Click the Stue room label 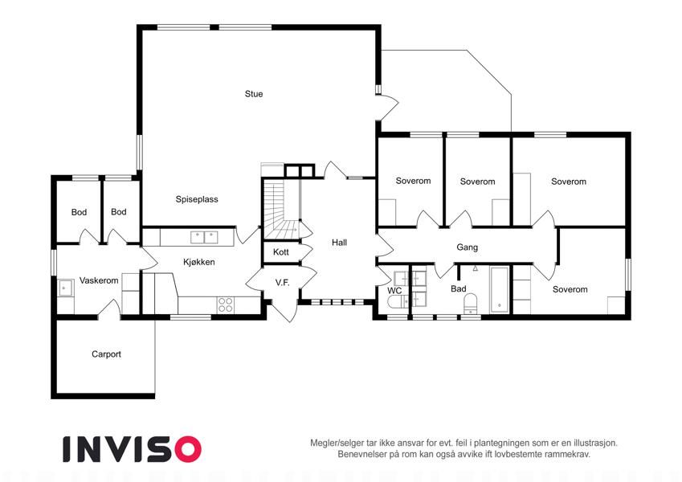click(x=254, y=94)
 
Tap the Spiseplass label click(x=197, y=199)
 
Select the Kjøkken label click(x=198, y=262)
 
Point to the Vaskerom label click(x=99, y=280)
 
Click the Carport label click(x=106, y=354)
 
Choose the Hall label click(x=339, y=243)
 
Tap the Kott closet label click(x=281, y=252)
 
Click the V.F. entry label click(x=282, y=283)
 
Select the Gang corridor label click(x=468, y=247)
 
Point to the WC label click(x=394, y=291)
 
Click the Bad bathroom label click(x=459, y=289)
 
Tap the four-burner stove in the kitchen click(x=225, y=304)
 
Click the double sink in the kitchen click(x=204, y=238)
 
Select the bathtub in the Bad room click(x=500, y=290)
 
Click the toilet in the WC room click(x=398, y=301)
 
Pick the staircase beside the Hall click(x=281, y=209)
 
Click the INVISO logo click(x=132, y=449)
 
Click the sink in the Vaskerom click(x=66, y=288)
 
